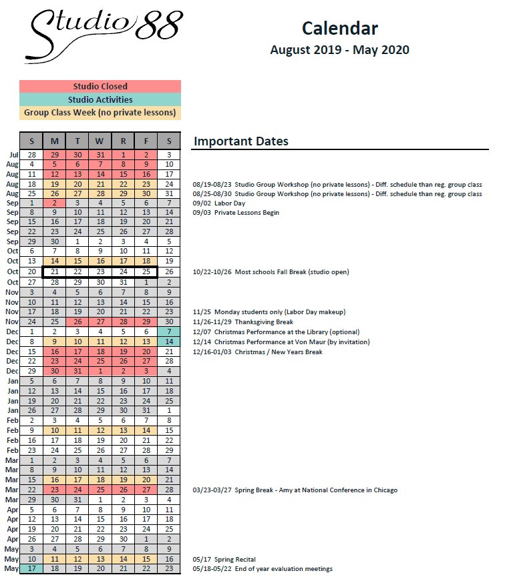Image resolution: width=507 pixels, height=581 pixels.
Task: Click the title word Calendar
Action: [x=339, y=28]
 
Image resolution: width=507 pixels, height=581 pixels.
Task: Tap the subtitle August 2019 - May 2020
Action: [x=339, y=50]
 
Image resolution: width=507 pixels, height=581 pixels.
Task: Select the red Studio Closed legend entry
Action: [x=100, y=87]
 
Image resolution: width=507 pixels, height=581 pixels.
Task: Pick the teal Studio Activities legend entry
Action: [x=100, y=100]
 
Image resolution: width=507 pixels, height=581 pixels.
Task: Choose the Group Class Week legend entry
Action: [x=100, y=113]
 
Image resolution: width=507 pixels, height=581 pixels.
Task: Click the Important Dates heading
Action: [x=241, y=141]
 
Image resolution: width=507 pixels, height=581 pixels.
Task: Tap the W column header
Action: [x=100, y=141]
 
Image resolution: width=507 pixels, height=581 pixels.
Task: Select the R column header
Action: [x=123, y=141]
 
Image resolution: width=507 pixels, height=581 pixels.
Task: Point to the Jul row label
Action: [x=13, y=154]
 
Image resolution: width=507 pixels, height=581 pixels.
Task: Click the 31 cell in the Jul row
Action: [x=100, y=154]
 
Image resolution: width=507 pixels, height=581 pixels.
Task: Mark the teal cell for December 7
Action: [x=169, y=332]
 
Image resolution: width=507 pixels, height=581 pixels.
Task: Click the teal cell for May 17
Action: [x=31, y=568]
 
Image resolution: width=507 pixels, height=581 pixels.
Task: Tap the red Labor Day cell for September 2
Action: [x=55, y=203]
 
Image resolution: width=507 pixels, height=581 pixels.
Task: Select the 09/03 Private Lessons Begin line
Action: [x=236, y=213]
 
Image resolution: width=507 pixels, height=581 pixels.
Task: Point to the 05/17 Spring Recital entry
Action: [x=224, y=559]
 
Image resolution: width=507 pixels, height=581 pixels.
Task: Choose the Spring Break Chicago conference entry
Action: [x=295, y=490]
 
